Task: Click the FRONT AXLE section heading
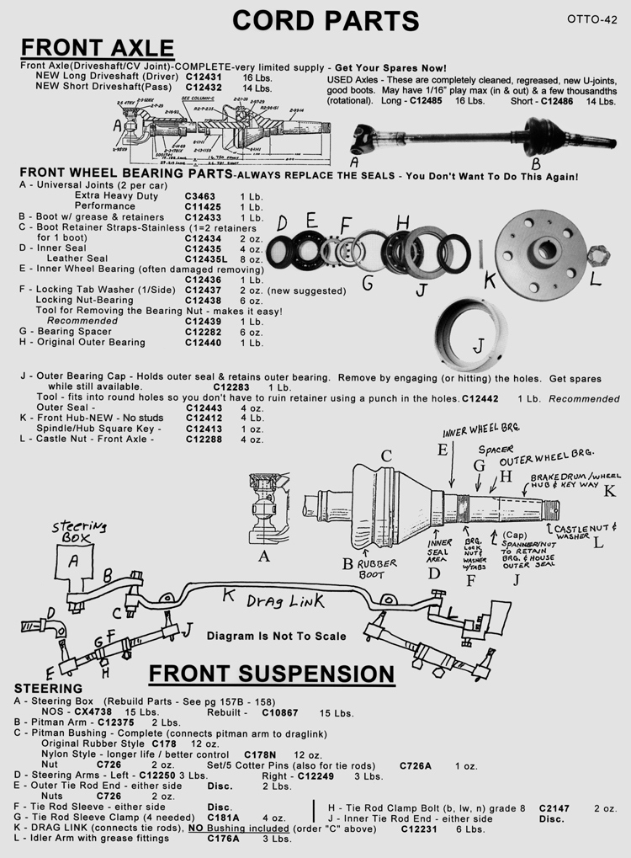[x=97, y=47]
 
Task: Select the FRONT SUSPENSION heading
[x=271, y=674]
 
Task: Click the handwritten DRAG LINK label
[x=270, y=602]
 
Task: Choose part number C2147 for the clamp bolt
[x=554, y=807]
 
